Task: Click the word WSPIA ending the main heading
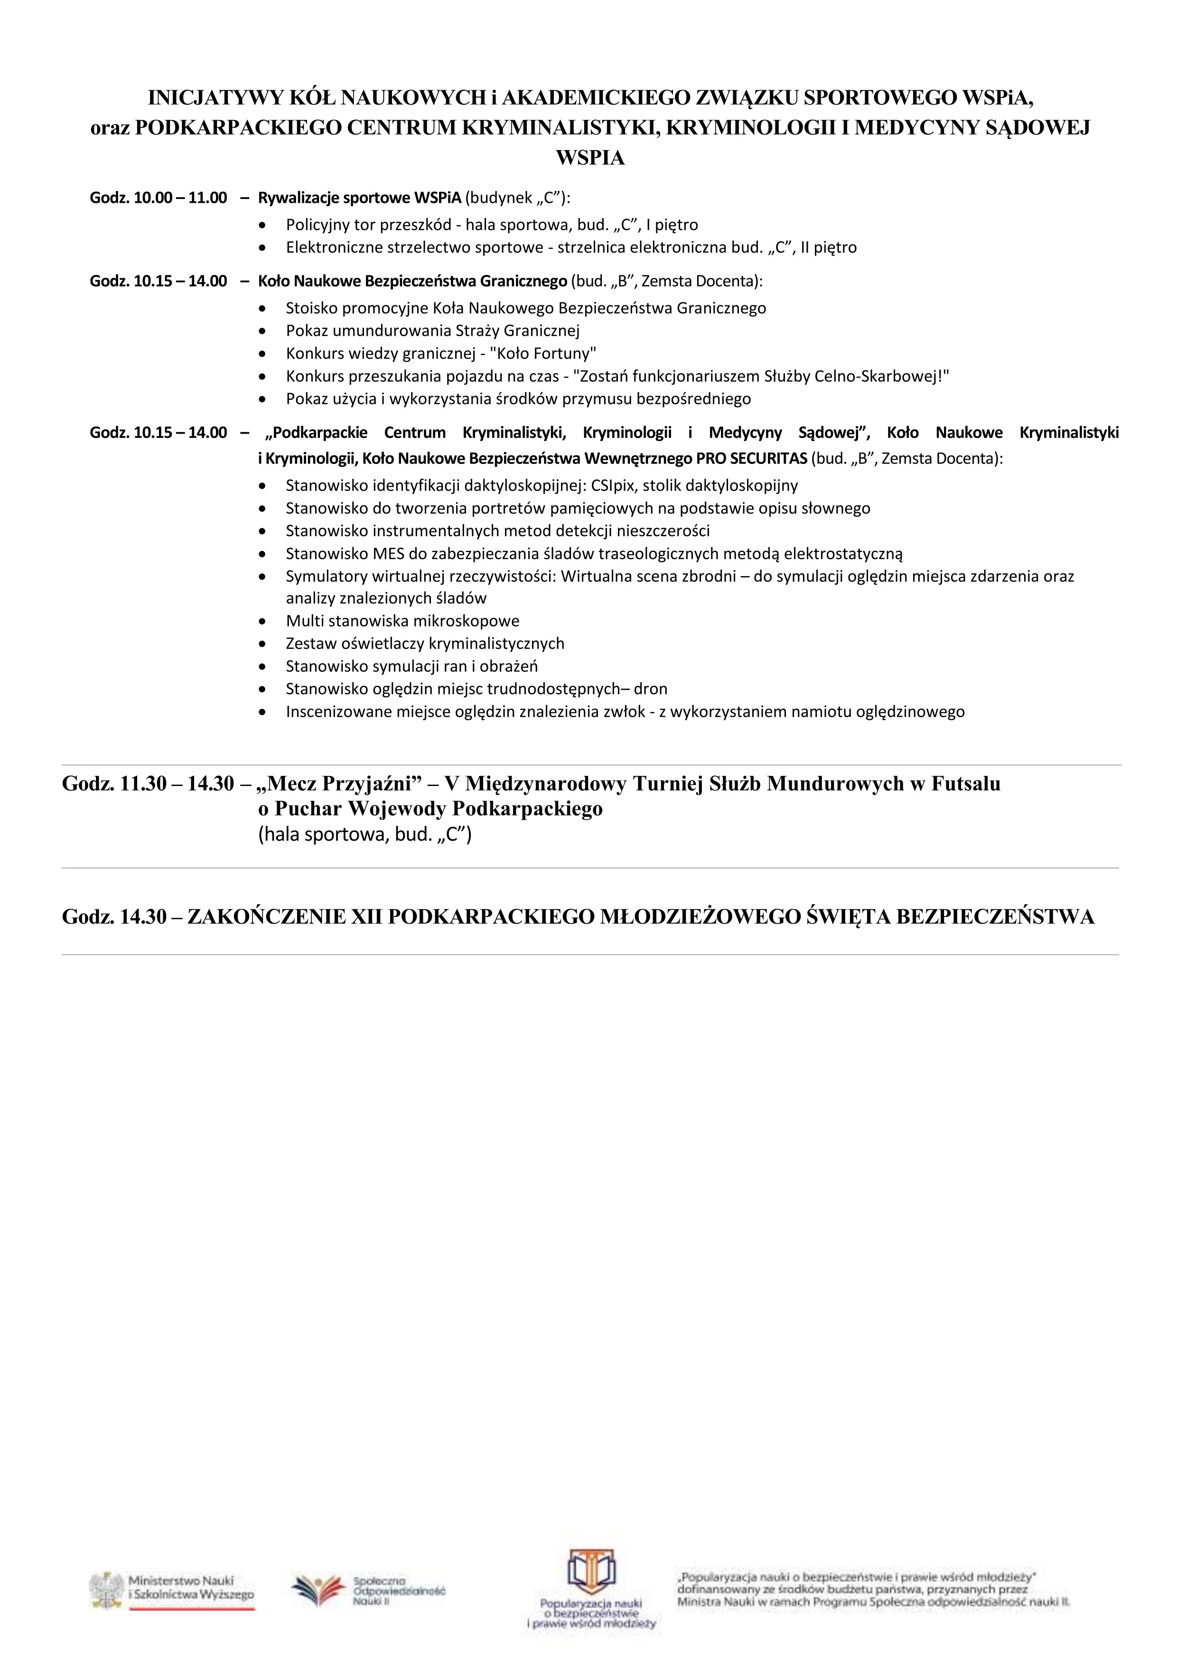tap(589, 158)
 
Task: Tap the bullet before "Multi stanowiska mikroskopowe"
tap(262, 622)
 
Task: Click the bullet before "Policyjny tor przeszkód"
tap(262, 226)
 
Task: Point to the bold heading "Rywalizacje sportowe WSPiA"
tap(360, 198)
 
